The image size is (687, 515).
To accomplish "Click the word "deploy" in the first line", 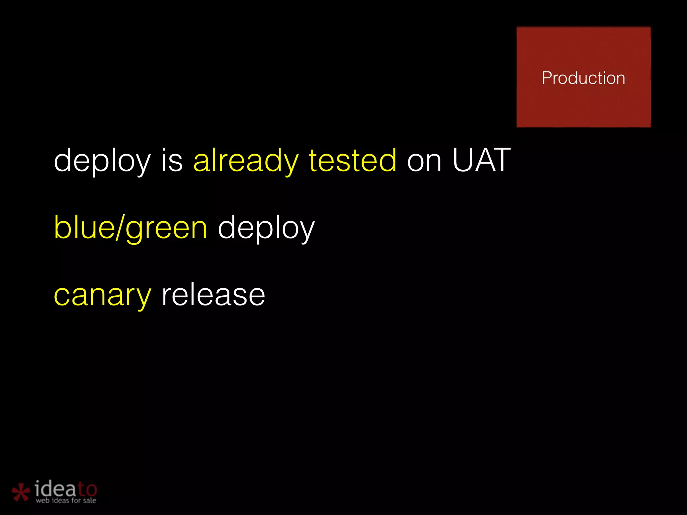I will coord(102,161).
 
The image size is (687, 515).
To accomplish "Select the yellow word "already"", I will coord(246,161).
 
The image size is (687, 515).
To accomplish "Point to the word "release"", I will coord(213,295).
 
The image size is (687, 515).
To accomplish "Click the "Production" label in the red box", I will coord(583,78).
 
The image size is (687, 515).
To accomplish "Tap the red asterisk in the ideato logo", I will coord(21,492).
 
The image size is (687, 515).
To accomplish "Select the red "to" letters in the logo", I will coord(87,490).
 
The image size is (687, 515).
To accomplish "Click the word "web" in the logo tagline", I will coord(43,501).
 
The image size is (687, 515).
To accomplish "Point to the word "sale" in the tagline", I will coord(90,501).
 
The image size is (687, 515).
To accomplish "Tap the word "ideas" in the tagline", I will coord(60,501).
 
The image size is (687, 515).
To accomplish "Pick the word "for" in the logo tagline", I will coord(76,500).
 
